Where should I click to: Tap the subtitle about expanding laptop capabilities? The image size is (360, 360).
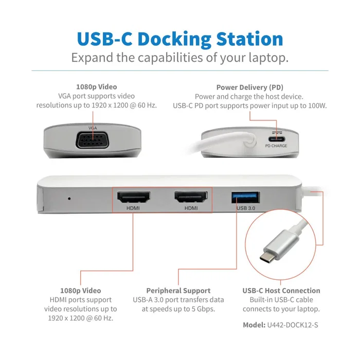tap(179, 57)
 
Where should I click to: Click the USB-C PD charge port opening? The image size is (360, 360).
tap(277, 137)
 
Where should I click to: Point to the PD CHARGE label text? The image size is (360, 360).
tap(276, 146)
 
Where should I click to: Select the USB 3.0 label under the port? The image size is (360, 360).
tap(244, 208)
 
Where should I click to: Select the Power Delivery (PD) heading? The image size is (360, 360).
tap(250, 87)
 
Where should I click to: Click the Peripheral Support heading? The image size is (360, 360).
tap(178, 291)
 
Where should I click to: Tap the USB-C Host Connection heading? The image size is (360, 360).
tap(281, 291)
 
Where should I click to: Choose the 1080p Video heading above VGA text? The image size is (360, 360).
tap(96, 87)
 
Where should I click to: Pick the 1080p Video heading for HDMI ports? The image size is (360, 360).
tap(80, 291)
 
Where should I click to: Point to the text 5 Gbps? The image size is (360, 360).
tap(203, 309)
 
